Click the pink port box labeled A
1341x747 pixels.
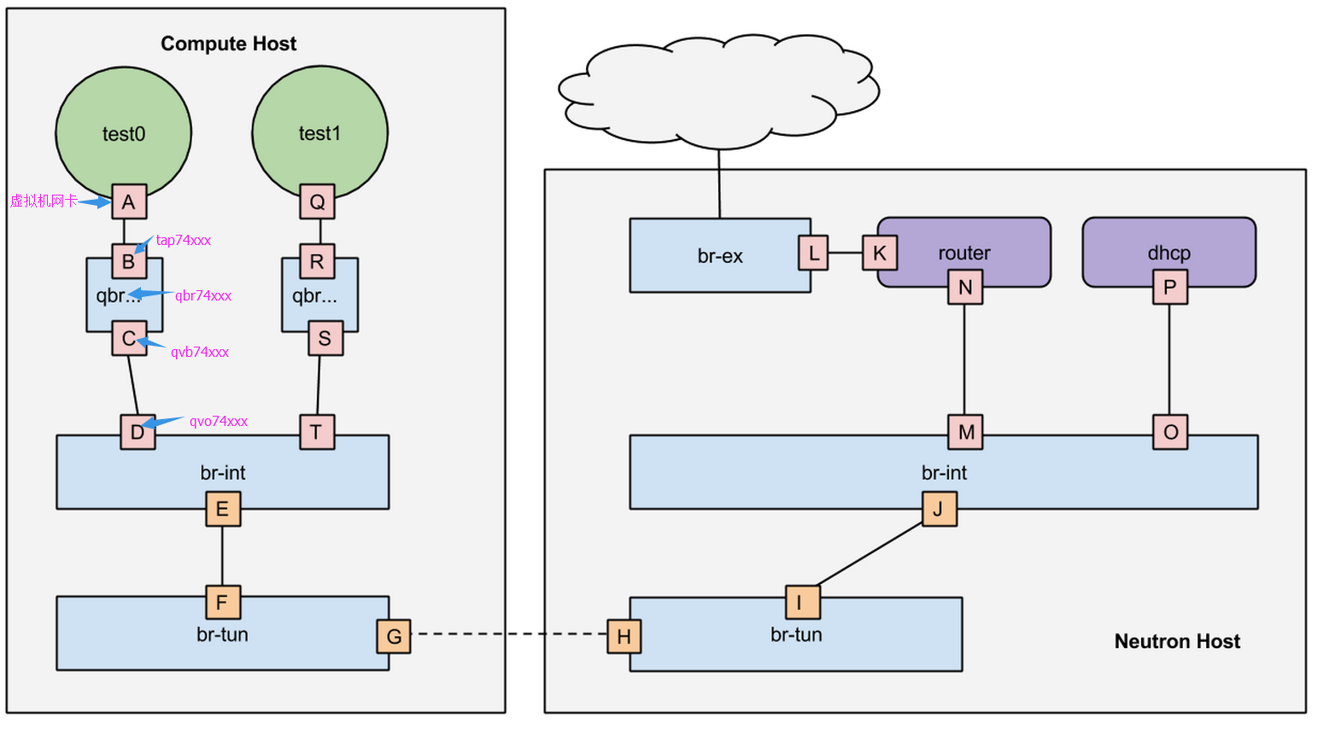coord(129,201)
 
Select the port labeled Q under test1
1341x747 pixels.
coord(317,201)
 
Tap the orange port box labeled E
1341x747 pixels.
coord(223,509)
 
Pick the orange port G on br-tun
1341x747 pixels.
coord(394,636)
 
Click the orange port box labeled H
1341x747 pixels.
coord(624,636)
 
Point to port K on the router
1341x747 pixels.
coord(880,253)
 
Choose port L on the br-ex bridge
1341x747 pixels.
coord(814,253)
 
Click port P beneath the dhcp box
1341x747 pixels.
coord(1170,287)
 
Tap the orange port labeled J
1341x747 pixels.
coord(940,509)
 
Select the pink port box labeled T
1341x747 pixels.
coord(317,432)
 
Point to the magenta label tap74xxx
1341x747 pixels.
coord(183,240)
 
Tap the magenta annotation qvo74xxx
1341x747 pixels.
coord(219,422)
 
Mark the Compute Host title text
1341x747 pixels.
coord(229,44)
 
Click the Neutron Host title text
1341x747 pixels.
coord(1177,641)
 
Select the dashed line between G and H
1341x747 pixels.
coord(509,633)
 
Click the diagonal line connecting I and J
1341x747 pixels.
coord(870,554)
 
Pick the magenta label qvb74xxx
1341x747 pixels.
coord(200,352)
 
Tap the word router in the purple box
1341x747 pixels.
coord(963,253)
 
